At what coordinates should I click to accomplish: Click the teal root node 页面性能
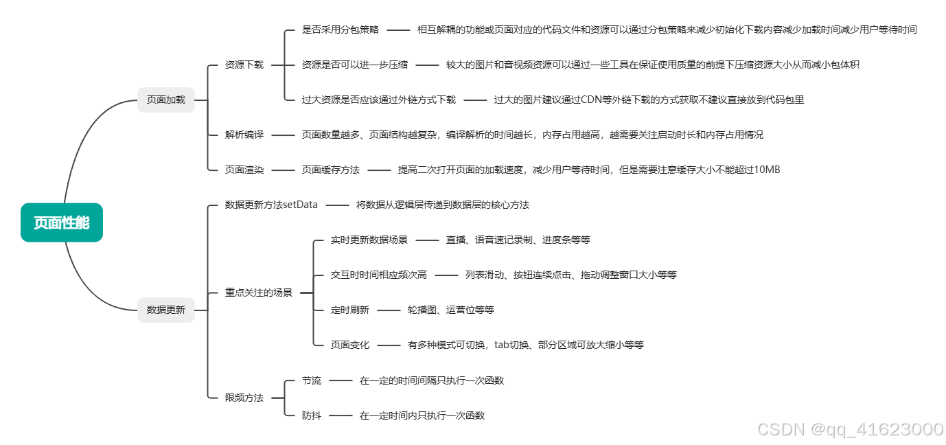62,223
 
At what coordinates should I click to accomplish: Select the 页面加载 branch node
166,100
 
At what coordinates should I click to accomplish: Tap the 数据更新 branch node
166,310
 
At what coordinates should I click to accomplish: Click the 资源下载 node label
244,65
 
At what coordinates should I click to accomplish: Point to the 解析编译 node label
244,135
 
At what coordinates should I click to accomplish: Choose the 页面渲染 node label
244,170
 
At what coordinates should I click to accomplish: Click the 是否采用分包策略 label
340,30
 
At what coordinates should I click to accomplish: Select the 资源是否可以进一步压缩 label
354,65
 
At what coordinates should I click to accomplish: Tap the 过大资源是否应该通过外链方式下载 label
378,100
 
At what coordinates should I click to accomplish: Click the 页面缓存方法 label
330,170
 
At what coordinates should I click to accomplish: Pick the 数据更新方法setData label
271,205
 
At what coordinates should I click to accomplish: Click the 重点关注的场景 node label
259,293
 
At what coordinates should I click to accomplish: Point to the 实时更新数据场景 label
369,240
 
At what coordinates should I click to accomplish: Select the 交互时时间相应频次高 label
378,275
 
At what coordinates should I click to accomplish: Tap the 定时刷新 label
349,310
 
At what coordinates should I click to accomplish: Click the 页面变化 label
349,345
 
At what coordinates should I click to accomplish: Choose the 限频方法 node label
244,398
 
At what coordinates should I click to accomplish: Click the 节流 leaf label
311,380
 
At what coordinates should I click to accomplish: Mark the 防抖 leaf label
311,415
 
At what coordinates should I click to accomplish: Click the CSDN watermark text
850,430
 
